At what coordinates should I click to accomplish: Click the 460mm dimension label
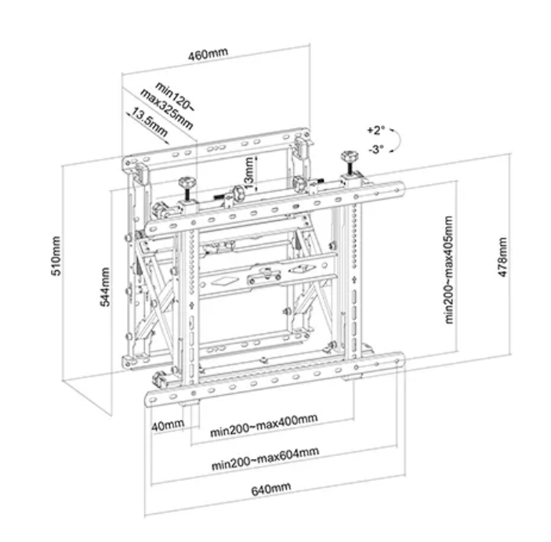tap(208, 54)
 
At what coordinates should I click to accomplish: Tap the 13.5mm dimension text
tap(150, 123)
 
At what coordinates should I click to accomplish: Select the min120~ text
tap(175, 96)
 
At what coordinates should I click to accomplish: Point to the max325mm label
tap(167, 109)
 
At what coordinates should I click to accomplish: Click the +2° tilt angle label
tap(376, 130)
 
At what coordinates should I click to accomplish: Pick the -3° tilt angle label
tap(376, 150)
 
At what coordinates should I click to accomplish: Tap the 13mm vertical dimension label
tap(248, 173)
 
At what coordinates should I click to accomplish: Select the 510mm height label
tap(56, 256)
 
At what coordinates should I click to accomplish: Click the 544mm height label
tap(105, 287)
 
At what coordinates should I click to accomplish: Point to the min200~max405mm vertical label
tap(449, 269)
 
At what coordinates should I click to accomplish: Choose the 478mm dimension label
tap(503, 257)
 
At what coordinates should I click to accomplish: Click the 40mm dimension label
tap(168, 425)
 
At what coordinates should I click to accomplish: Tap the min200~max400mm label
tap(264, 425)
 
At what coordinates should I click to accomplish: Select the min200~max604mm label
tap(265, 458)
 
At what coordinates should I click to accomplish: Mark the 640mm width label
tap(271, 489)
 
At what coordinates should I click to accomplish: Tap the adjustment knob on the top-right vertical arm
tap(349, 157)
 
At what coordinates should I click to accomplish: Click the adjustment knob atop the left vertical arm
tap(187, 183)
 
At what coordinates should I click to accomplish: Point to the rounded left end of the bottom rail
tap(150, 400)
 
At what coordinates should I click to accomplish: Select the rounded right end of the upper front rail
tap(400, 190)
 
